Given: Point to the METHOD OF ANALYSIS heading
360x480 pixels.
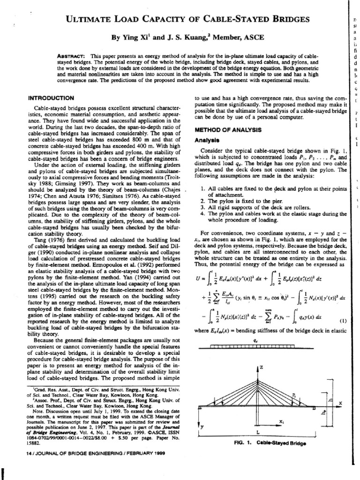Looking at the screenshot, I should point(225,130).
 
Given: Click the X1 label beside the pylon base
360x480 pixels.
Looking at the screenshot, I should point(281,421).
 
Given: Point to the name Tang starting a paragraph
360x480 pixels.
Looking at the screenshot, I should point(36,226).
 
